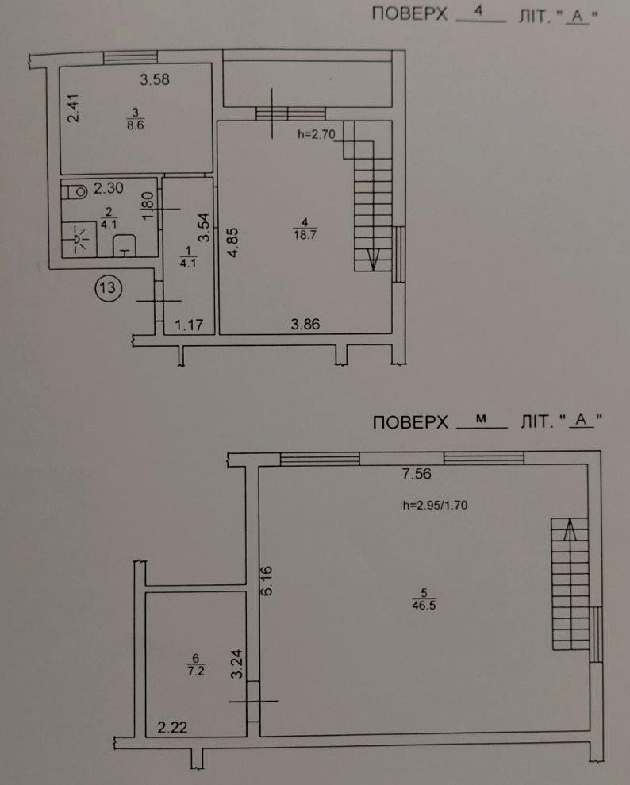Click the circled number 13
pos(108,288)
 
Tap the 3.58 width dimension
pos(155,79)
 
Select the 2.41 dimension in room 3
pos(74,109)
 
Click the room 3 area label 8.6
pos(135,125)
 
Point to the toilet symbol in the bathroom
pos(75,192)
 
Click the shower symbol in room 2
pos(79,239)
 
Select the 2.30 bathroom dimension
pos(109,188)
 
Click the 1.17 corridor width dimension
pos(189,325)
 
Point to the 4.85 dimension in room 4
pos(232,243)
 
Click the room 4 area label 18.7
pos(305,234)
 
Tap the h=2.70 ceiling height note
pos(317,134)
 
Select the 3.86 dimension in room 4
pos(305,325)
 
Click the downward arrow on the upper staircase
pos(373,260)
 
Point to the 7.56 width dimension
pos(417,474)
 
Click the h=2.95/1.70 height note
pos(435,506)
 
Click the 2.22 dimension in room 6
pos(173,727)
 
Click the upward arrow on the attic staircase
pos(569,529)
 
